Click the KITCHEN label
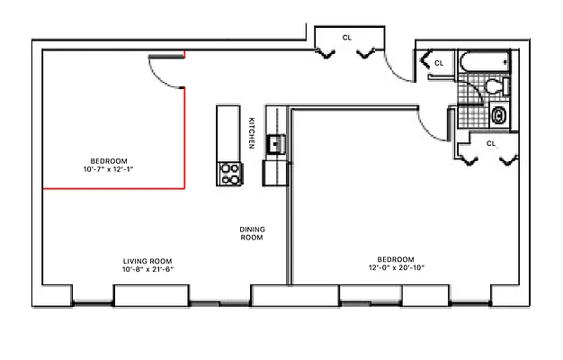tap(253, 132)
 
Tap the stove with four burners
tap(230, 173)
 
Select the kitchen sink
tap(275, 143)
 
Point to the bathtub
tap(482, 65)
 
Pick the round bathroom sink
tap(499, 115)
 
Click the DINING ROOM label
tap(252, 233)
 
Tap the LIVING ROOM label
tap(147, 260)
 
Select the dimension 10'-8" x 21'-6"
tap(147, 269)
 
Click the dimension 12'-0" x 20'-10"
tap(396, 267)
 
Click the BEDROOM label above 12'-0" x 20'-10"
tap(396, 258)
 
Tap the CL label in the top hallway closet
tap(347, 37)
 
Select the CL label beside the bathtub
tap(439, 64)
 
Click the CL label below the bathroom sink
tap(491, 143)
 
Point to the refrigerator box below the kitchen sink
tap(274, 171)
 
